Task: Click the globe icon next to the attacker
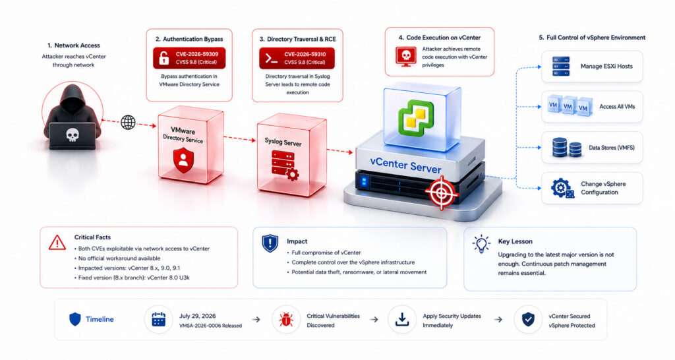tap(128, 122)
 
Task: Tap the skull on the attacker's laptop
tap(73, 135)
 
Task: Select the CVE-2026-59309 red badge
tap(189, 58)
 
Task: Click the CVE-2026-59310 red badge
tap(297, 58)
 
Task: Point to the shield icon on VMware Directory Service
tap(183, 160)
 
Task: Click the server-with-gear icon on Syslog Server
tap(285, 165)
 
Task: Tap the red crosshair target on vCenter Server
tap(441, 193)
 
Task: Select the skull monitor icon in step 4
tap(405, 57)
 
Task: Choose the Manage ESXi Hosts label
tap(606, 67)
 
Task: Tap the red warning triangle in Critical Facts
tap(57, 243)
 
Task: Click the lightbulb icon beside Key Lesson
tap(481, 244)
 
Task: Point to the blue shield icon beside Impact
tap(270, 243)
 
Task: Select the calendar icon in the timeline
tap(158, 319)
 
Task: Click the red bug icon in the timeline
tap(286, 320)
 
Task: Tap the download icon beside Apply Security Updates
tap(401, 319)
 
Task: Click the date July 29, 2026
tap(198, 316)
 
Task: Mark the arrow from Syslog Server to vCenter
tap(339, 151)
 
